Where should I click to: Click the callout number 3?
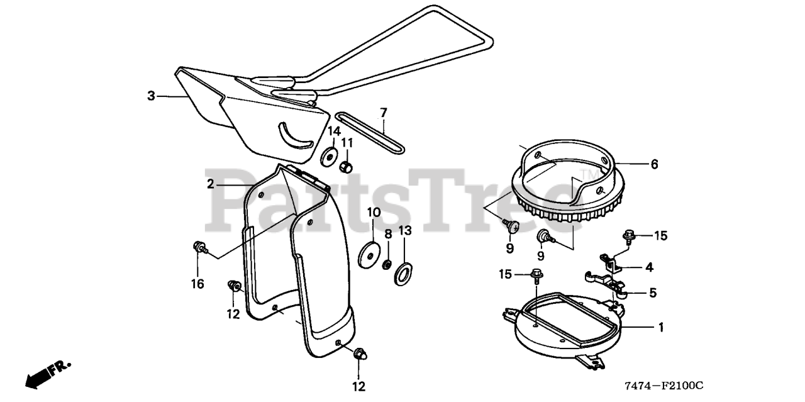pos(151,96)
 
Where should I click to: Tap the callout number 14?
pos(334,131)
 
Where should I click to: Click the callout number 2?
pos(211,184)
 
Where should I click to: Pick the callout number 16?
pos(197,284)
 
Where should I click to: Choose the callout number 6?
pos(654,164)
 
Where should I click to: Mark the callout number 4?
pos(649,267)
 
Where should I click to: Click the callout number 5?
pos(653,292)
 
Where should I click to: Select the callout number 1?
pos(660,327)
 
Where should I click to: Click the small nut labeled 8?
pos(388,262)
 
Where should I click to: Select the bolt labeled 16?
pos(198,247)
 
